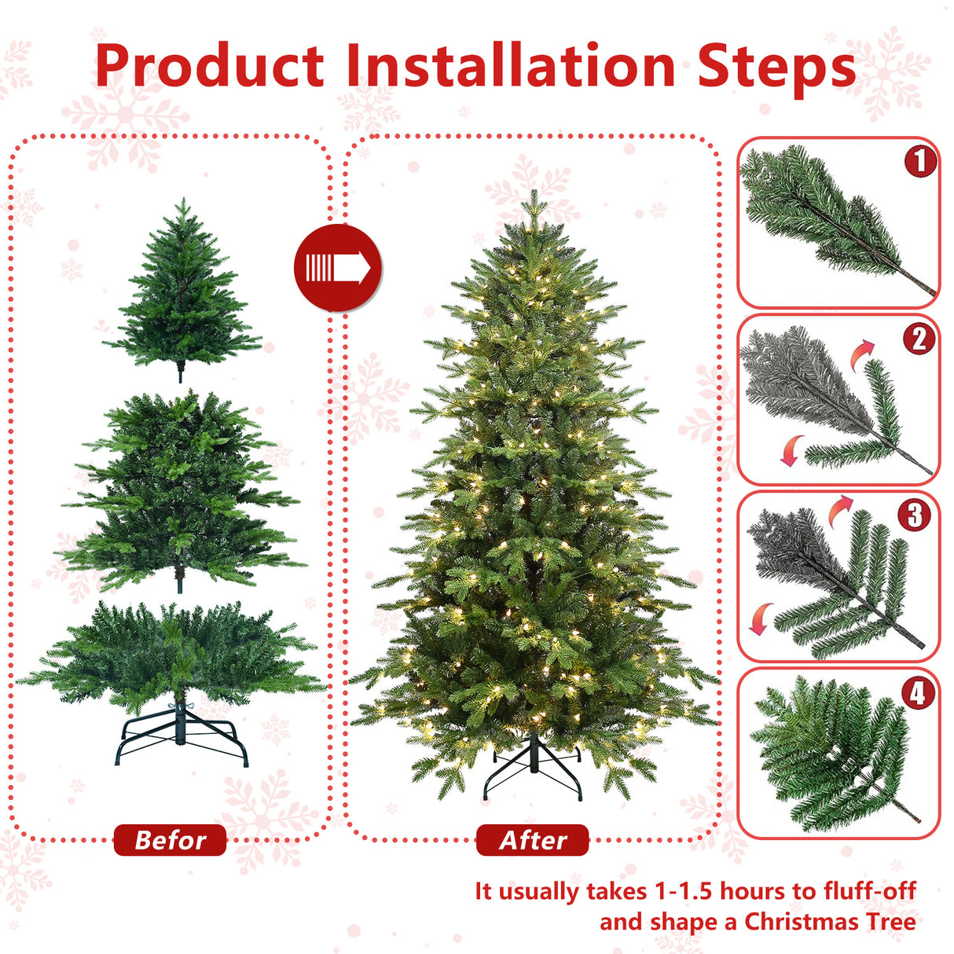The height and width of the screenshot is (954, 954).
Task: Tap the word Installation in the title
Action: (510, 66)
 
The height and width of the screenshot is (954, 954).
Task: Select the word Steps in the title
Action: (776, 66)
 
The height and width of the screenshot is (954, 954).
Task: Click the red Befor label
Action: (170, 840)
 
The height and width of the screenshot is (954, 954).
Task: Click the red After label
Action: (533, 840)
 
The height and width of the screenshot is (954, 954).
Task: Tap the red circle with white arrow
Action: (338, 268)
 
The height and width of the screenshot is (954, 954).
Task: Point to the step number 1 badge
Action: (919, 161)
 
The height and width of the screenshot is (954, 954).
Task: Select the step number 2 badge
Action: (919, 339)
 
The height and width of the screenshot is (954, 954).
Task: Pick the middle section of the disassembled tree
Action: (181, 487)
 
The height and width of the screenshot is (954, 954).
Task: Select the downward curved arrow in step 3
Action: (760, 618)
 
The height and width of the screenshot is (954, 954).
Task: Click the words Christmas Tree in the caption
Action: (830, 921)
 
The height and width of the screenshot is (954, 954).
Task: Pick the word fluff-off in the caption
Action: (870, 891)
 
